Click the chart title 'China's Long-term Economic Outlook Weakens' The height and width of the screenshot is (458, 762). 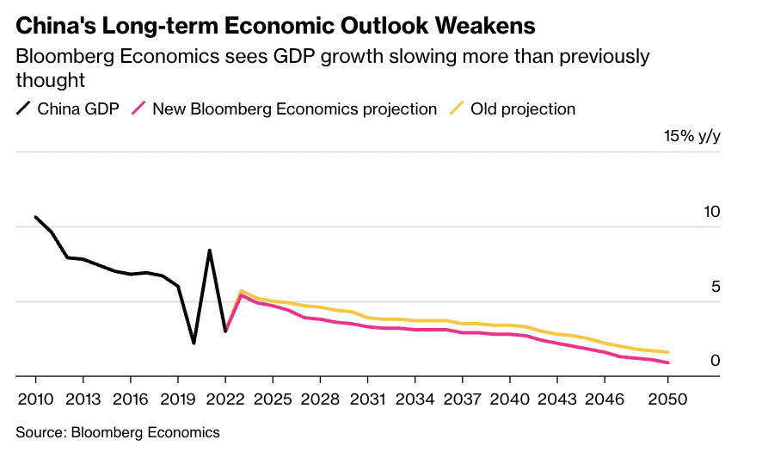[x=275, y=26]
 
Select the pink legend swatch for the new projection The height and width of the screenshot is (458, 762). [x=137, y=109]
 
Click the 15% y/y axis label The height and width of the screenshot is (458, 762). [x=691, y=137]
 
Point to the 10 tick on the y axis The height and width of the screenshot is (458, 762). [x=710, y=213]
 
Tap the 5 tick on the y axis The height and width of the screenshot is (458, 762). [x=715, y=288]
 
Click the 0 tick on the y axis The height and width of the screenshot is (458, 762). [x=715, y=362]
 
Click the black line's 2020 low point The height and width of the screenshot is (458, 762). [x=194, y=343]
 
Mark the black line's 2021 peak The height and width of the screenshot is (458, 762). [x=209, y=251]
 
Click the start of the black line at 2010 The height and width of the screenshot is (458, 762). [x=35, y=217]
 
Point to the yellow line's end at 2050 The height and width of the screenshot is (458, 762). [x=668, y=352]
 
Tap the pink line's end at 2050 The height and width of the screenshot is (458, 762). [x=668, y=362]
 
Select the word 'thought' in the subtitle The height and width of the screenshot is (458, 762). [x=50, y=81]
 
